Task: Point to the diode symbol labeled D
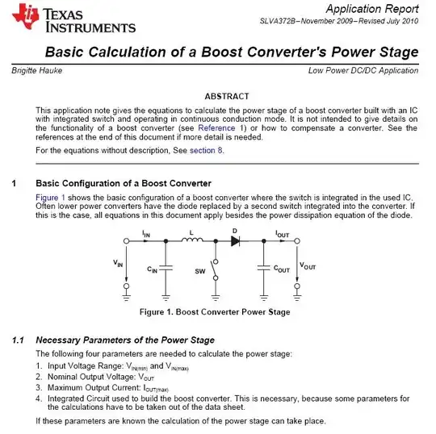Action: [235, 241]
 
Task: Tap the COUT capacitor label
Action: [282, 269]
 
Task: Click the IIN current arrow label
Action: [146, 233]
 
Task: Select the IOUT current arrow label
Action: [283, 233]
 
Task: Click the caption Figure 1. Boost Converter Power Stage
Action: [215, 311]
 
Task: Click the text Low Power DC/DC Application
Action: [363, 72]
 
